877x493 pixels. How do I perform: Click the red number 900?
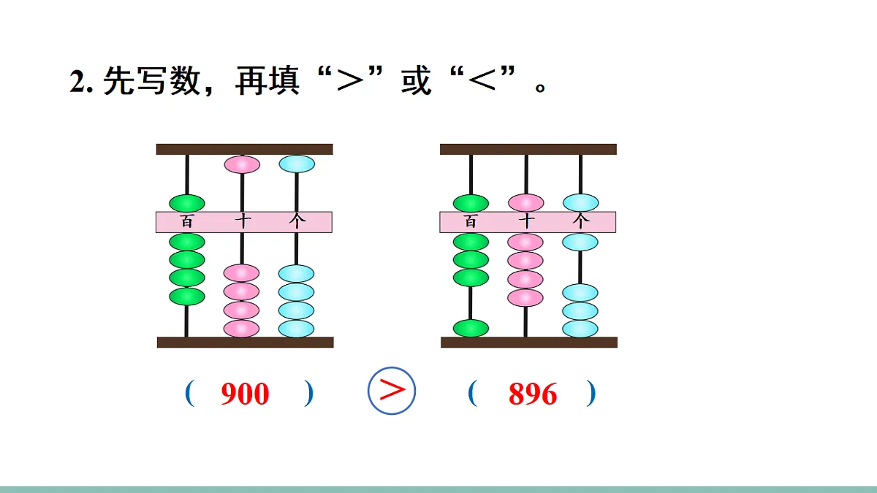(x=245, y=394)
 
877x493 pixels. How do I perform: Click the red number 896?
(x=533, y=394)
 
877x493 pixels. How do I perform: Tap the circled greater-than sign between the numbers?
(x=392, y=390)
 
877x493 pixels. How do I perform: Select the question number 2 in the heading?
(x=77, y=82)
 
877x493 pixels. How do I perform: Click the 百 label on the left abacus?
(x=187, y=222)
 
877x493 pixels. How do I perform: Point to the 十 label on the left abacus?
(x=242, y=222)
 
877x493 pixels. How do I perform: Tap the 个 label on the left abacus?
(x=297, y=222)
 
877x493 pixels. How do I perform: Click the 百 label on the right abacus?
(x=471, y=222)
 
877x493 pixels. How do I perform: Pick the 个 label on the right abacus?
(x=580, y=222)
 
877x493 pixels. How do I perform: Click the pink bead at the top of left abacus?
(x=242, y=164)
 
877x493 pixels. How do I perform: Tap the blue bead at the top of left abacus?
(x=297, y=164)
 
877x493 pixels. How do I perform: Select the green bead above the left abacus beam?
(x=187, y=203)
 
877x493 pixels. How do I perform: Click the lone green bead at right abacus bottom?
(x=471, y=328)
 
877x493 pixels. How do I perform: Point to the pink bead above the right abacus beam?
(x=525, y=203)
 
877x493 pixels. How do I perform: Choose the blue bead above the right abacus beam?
(x=580, y=202)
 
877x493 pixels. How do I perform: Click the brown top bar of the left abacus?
(x=244, y=149)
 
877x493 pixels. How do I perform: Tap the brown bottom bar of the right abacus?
(x=529, y=342)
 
